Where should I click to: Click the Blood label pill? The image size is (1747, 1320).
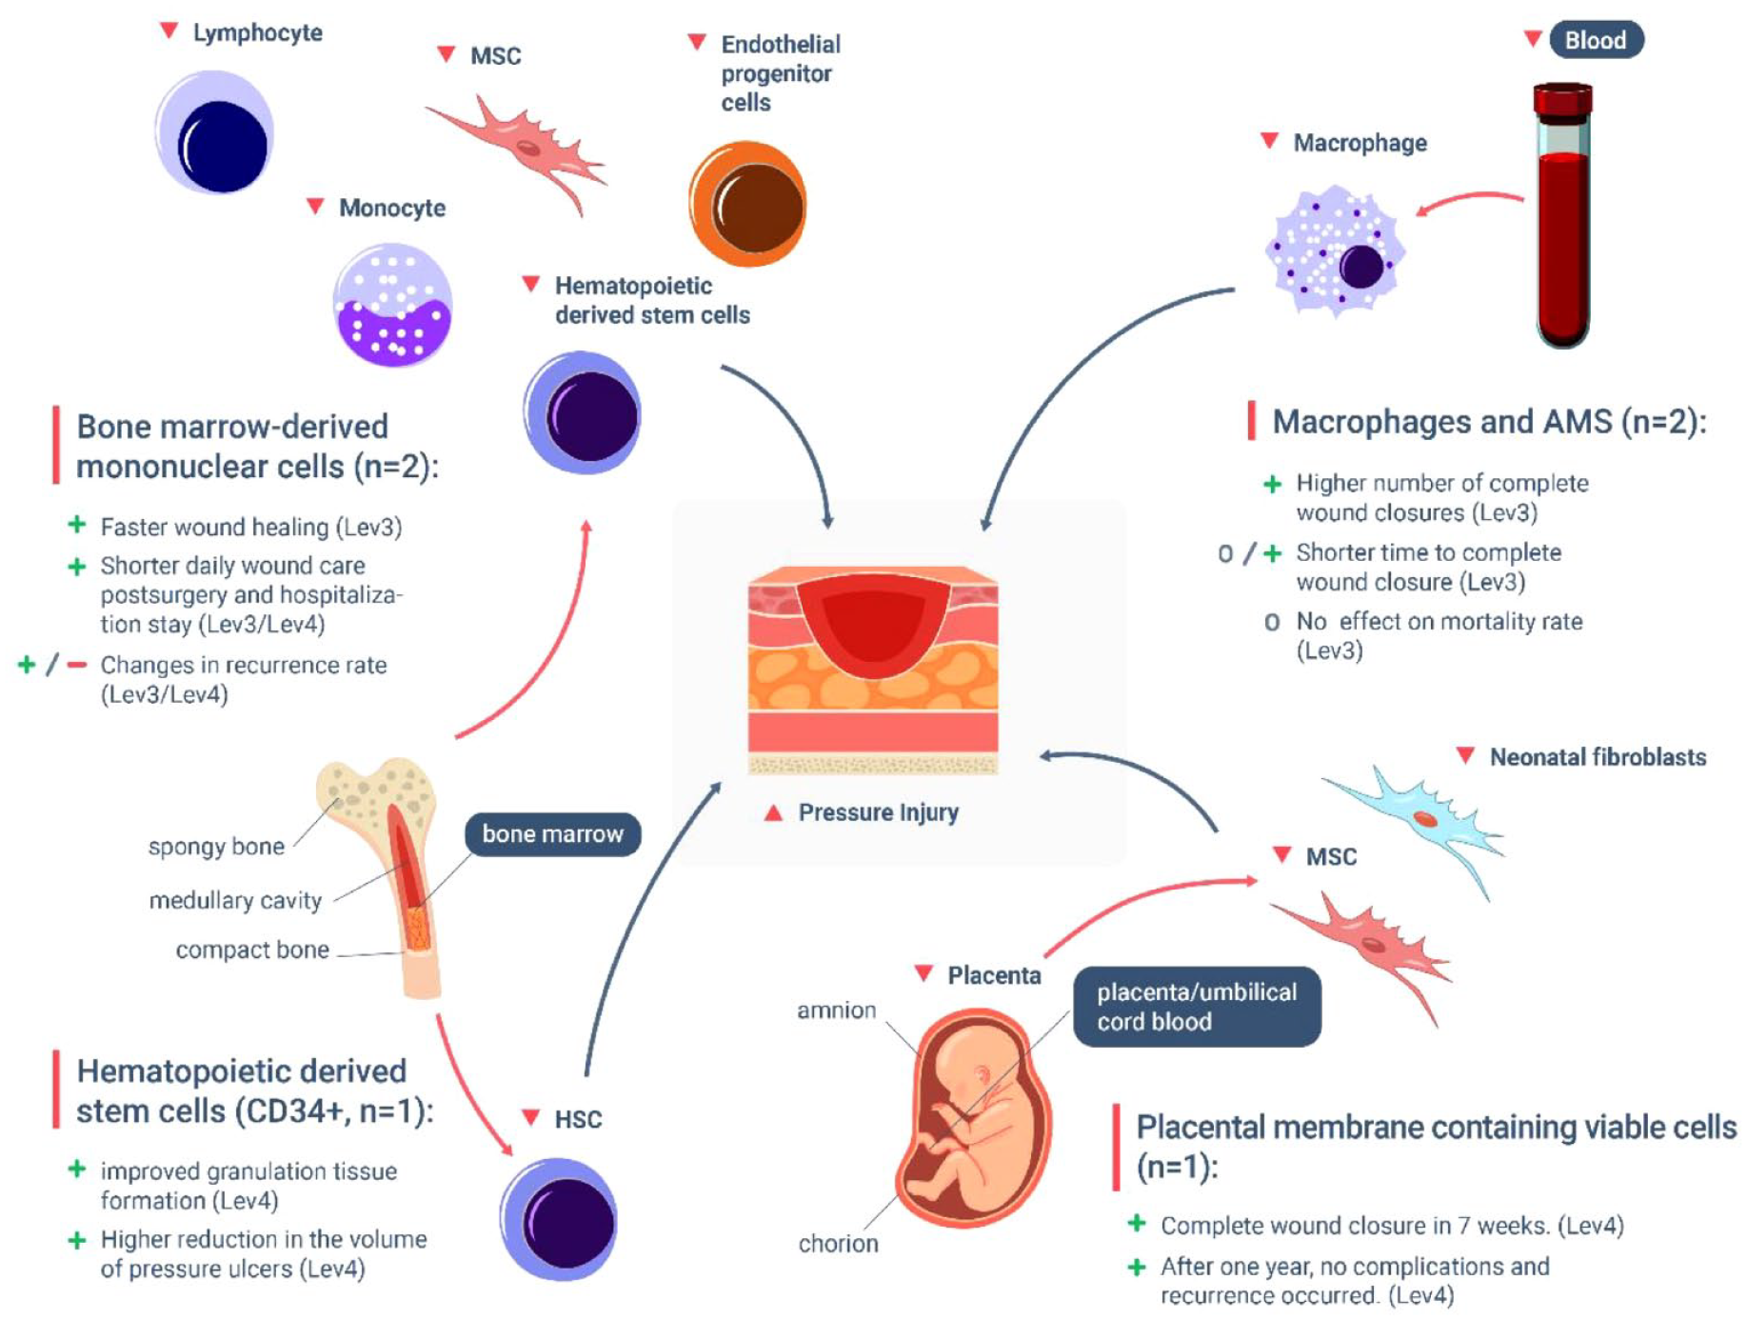(x=1595, y=40)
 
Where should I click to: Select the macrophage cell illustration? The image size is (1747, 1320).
(x=1335, y=251)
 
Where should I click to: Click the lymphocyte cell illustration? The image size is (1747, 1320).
(x=215, y=133)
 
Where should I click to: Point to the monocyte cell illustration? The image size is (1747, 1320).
(x=392, y=305)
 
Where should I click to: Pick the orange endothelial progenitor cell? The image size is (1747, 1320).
(x=748, y=204)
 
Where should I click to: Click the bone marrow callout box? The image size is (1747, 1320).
(x=552, y=834)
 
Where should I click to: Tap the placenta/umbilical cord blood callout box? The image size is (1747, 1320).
(x=1197, y=1007)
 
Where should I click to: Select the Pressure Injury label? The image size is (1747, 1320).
(x=878, y=812)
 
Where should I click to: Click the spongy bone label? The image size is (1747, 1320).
(x=216, y=847)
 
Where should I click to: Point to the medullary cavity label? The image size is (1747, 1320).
(x=235, y=900)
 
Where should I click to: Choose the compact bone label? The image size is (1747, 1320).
(x=252, y=950)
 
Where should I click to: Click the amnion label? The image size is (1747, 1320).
(x=836, y=1010)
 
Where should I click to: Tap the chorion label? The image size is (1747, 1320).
(x=838, y=1244)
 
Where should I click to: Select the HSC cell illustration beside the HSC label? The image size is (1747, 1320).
(x=560, y=1219)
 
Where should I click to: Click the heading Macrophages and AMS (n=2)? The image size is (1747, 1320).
(x=1489, y=422)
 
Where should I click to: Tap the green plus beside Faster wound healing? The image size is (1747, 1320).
(x=77, y=526)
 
